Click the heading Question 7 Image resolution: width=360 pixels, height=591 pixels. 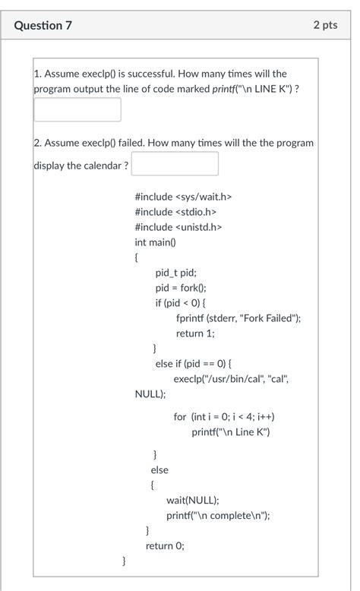coord(43,25)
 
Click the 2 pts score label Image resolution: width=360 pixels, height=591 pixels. coord(324,25)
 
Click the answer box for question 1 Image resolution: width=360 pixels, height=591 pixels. coord(77,109)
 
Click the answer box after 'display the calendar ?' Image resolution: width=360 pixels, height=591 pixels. coord(175,164)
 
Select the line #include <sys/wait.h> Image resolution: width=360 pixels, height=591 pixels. coord(183,197)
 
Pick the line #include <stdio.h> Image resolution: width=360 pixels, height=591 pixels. coord(175,212)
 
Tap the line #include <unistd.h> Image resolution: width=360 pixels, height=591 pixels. coord(178,227)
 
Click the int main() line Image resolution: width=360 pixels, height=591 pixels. coord(155,242)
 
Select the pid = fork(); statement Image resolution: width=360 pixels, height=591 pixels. coord(181,288)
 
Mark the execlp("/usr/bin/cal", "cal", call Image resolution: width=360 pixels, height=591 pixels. coord(231,379)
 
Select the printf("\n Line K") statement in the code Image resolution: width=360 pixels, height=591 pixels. coord(230,432)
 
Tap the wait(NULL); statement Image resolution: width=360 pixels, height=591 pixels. coord(193,500)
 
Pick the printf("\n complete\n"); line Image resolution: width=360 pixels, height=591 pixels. coord(218,515)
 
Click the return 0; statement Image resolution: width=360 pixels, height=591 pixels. coord(165,545)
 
